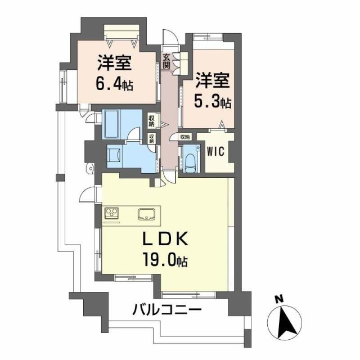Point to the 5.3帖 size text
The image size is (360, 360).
pyautogui.click(x=213, y=102)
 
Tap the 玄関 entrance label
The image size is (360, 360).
pyautogui.click(x=168, y=60)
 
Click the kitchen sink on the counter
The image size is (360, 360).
pyautogui.click(x=148, y=214)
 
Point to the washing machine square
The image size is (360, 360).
pyautogui.click(x=114, y=155)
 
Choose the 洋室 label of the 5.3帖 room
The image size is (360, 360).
pyautogui.click(x=213, y=80)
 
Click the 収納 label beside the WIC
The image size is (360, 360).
pyautogui.click(x=185, y=137)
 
